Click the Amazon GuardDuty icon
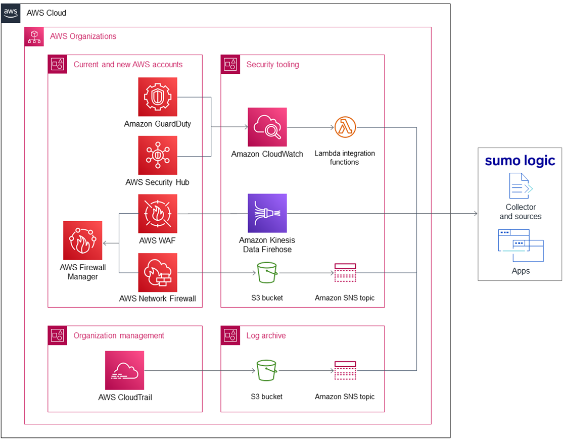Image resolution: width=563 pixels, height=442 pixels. click(158, 97)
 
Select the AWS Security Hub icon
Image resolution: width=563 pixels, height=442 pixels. click(158, 155)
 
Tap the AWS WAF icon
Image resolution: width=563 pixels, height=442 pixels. click(158, 213)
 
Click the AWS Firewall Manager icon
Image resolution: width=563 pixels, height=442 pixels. click(82, 240)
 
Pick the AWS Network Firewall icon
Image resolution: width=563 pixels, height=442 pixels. click(158, 273)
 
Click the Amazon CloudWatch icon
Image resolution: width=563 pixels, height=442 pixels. click(267, 127)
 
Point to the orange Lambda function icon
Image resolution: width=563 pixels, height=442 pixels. click(345, 127)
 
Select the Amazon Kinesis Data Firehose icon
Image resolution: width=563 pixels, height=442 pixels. click(267, 213)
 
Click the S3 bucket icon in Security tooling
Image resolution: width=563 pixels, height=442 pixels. click(267, 273)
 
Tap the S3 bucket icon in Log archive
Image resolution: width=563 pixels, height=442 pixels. click(267, 371)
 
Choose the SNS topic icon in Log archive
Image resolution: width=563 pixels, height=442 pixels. click(345, 371)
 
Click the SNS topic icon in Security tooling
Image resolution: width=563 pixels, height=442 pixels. click(345, 273)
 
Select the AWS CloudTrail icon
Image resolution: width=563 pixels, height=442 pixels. click(124, 371)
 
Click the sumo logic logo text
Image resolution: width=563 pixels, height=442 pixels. click(520, 161)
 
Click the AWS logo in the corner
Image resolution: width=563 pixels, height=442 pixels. click(11, 13)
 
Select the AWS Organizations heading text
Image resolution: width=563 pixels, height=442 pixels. click(83, 36)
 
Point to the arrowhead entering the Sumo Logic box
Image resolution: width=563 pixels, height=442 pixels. click(475, 214)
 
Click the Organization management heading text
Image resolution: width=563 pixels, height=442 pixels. click(119, 335)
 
